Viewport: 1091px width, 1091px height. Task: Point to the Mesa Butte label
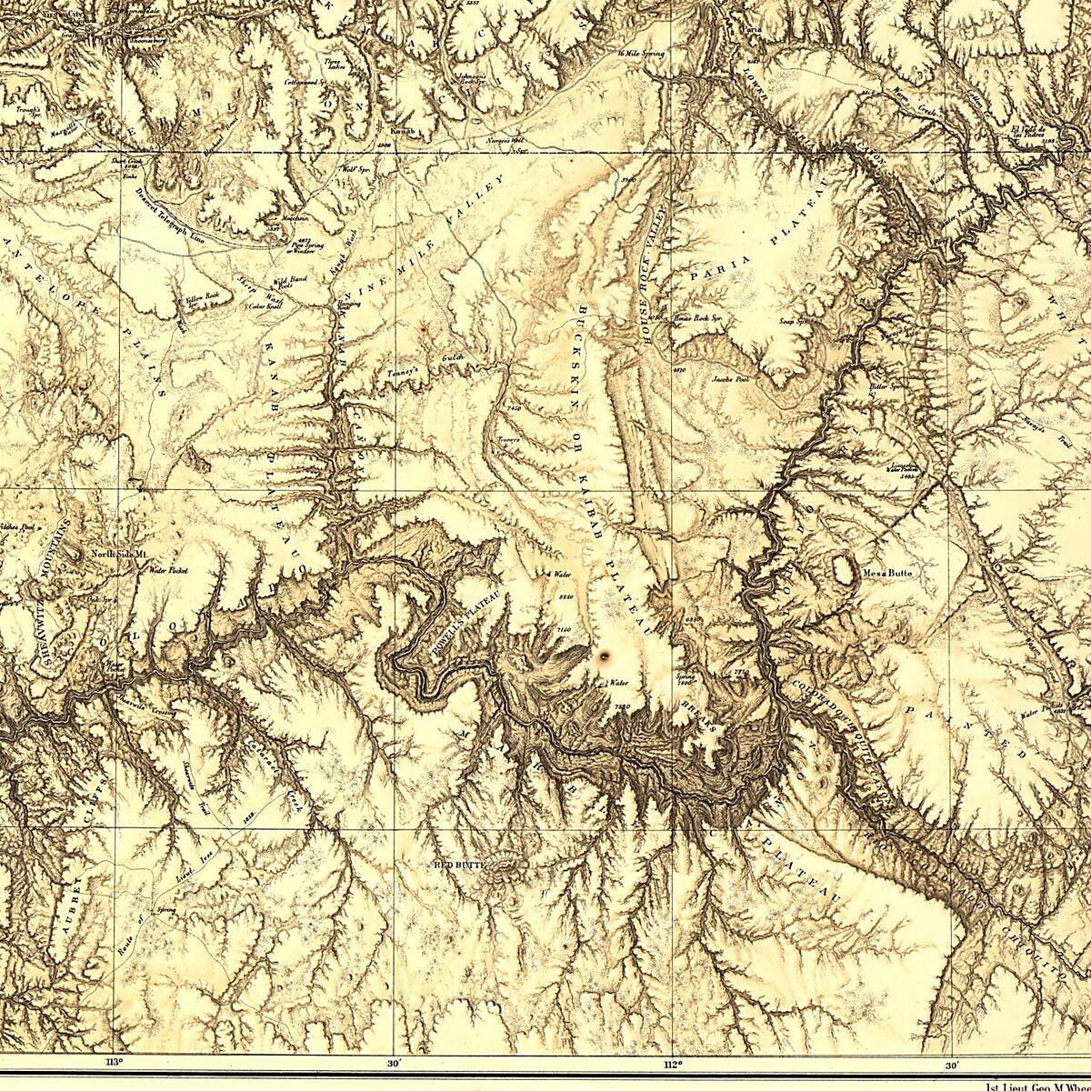tap(886, 574)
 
